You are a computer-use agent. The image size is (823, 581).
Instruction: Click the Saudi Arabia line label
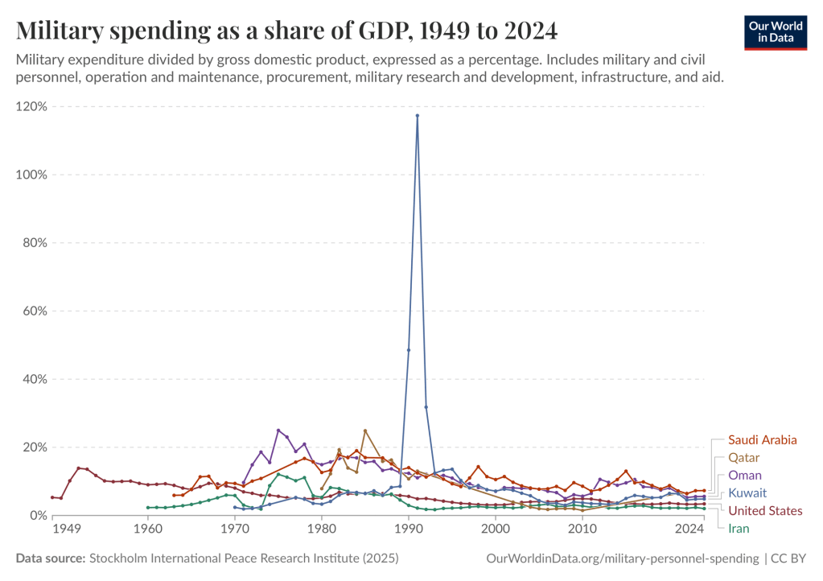point(762,440)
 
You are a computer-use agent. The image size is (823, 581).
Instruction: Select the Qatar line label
point(744,458)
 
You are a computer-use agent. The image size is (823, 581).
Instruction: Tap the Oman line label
point(744,476)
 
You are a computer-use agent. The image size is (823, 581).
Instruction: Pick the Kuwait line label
point(747,493)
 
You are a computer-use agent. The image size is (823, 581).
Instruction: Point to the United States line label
point(765,511)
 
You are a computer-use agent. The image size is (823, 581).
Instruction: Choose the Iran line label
point(739,529)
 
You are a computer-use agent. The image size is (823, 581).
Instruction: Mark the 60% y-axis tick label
point(34,311)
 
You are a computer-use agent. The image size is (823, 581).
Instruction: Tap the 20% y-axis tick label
point(34,447)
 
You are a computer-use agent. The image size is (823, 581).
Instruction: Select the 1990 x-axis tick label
point(409,529)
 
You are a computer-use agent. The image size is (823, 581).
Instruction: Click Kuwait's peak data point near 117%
point(418,116)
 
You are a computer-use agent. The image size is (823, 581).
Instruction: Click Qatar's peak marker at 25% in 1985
point(365,431)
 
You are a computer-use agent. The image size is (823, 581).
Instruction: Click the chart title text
point(286,31)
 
